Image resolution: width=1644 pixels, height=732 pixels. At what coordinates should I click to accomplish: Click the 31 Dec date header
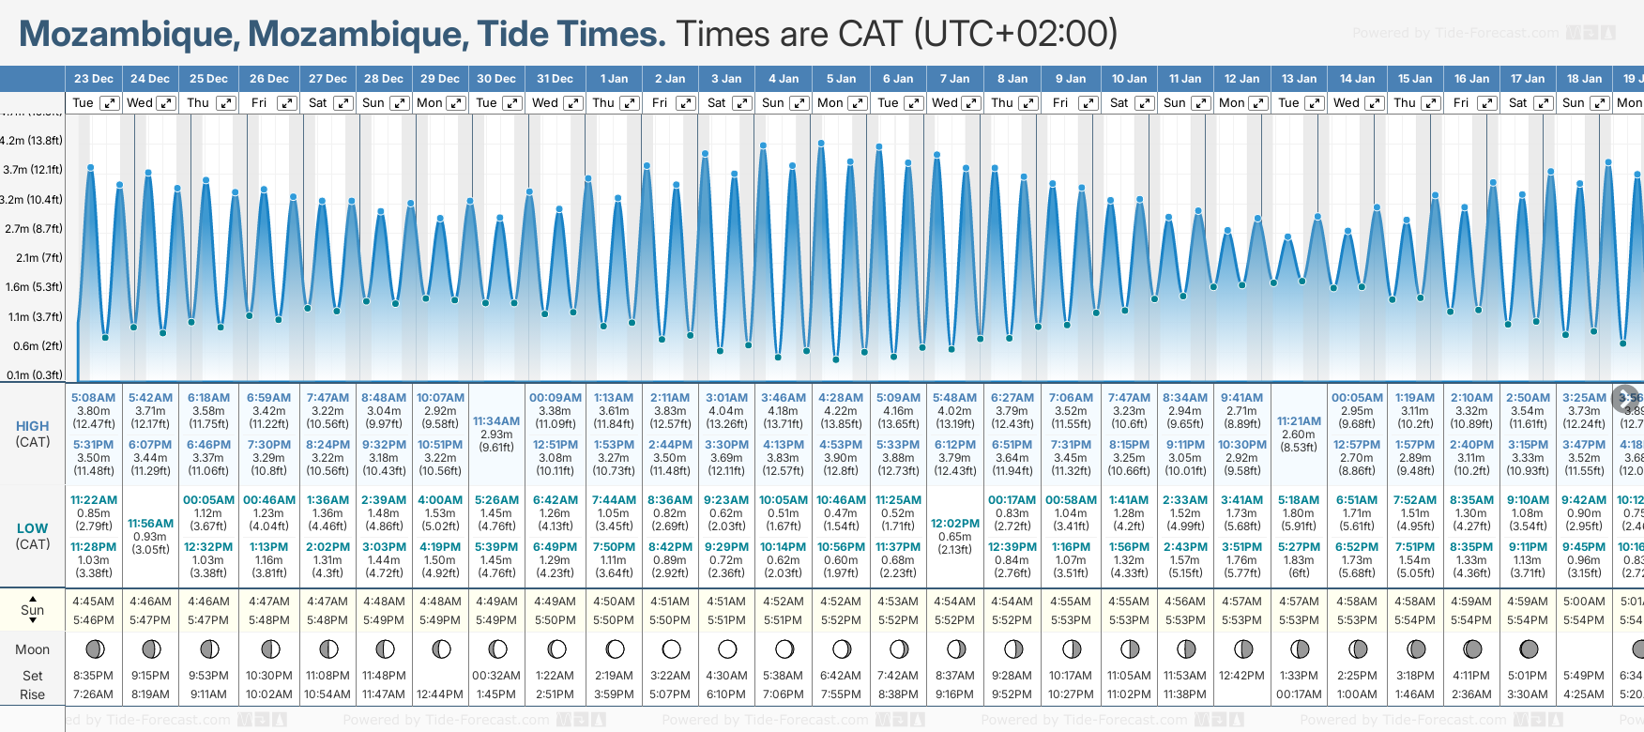pyautogui.click(x=555, y=79)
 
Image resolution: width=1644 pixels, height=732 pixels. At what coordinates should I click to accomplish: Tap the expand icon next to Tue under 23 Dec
pyautogui.click(x=110, y=103)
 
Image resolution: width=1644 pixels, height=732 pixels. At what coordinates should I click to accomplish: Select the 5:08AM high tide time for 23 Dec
pyautogui.click(x=93, y=398)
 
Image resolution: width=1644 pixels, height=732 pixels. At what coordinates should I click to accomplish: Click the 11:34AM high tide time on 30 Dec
pyautogui.click(x=496, y=421)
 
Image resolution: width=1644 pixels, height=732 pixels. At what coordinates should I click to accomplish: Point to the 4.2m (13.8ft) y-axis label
pyautogui.click(x=32, y=141)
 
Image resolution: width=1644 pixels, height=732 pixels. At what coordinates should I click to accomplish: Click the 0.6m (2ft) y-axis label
pyautogui.click(x=38, y=345)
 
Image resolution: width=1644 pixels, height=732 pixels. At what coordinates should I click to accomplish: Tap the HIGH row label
pyautogui.click(x=33, y=426)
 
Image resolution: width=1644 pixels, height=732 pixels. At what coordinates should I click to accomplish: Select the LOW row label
pyautogui.click(x=33, y=528)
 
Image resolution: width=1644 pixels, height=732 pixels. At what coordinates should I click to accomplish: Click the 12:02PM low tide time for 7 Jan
pyautogui.click(x=955, y=524)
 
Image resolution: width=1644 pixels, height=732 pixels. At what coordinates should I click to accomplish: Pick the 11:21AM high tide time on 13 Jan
pyautogui.click(x=1300, y=421)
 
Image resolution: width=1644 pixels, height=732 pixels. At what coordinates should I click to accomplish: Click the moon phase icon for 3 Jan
pyautogui.click(x=727, y=648)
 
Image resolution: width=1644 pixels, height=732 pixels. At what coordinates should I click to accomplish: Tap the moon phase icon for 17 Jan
pyautogui.click(x=1529, y=648)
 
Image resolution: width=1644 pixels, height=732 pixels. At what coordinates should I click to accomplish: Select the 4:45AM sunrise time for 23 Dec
pyautogui.click(x=93, y=602)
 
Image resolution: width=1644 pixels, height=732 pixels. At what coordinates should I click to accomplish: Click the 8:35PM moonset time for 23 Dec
pyautogui.click(x=93, y=676)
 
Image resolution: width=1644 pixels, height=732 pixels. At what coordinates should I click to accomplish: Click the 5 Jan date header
pyautogui.click(x=841, y=79)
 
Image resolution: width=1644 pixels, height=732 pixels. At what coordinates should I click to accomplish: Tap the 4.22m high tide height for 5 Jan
pyautogui.click(x=841, y=411)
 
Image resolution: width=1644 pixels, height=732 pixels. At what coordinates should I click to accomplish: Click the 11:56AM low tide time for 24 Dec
pyautogui.click(x=150, y=524)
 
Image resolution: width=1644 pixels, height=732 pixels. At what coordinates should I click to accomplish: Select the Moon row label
pyautogui.click(x=33, y=649)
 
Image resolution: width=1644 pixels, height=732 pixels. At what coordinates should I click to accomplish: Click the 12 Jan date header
pyautogui.click(x=1242, y=79)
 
